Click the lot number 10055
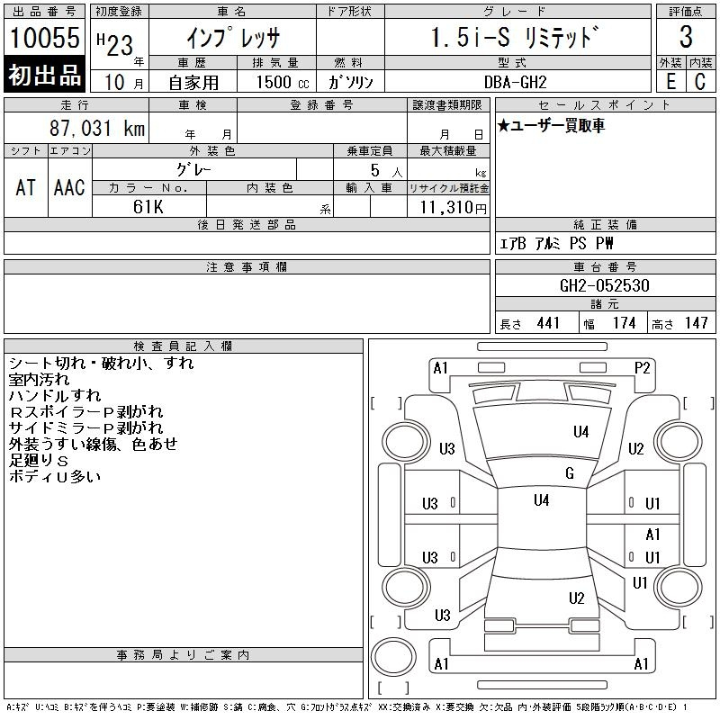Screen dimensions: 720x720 [x=44, y=38]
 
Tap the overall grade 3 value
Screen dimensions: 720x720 [x=686, y=37]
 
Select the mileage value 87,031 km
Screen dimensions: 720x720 [x=97, y=128]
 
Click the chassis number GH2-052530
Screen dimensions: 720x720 [x=604, y=285]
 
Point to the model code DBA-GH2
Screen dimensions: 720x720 [x=515, y=82]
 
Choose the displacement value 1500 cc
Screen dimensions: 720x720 [x=283, y=82]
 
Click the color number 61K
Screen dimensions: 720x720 [x=148, y=207]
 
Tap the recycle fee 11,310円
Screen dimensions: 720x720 [x=453, y=208]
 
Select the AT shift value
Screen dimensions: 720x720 [x=25, y=187]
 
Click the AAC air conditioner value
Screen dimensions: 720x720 [x=69, y=187]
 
